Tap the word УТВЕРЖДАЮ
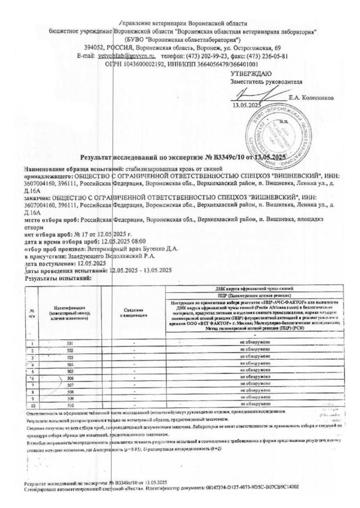pos(251,74)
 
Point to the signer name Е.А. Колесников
pos(311,97)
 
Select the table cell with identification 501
pos(70,343)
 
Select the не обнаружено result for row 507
pos(255,384)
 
